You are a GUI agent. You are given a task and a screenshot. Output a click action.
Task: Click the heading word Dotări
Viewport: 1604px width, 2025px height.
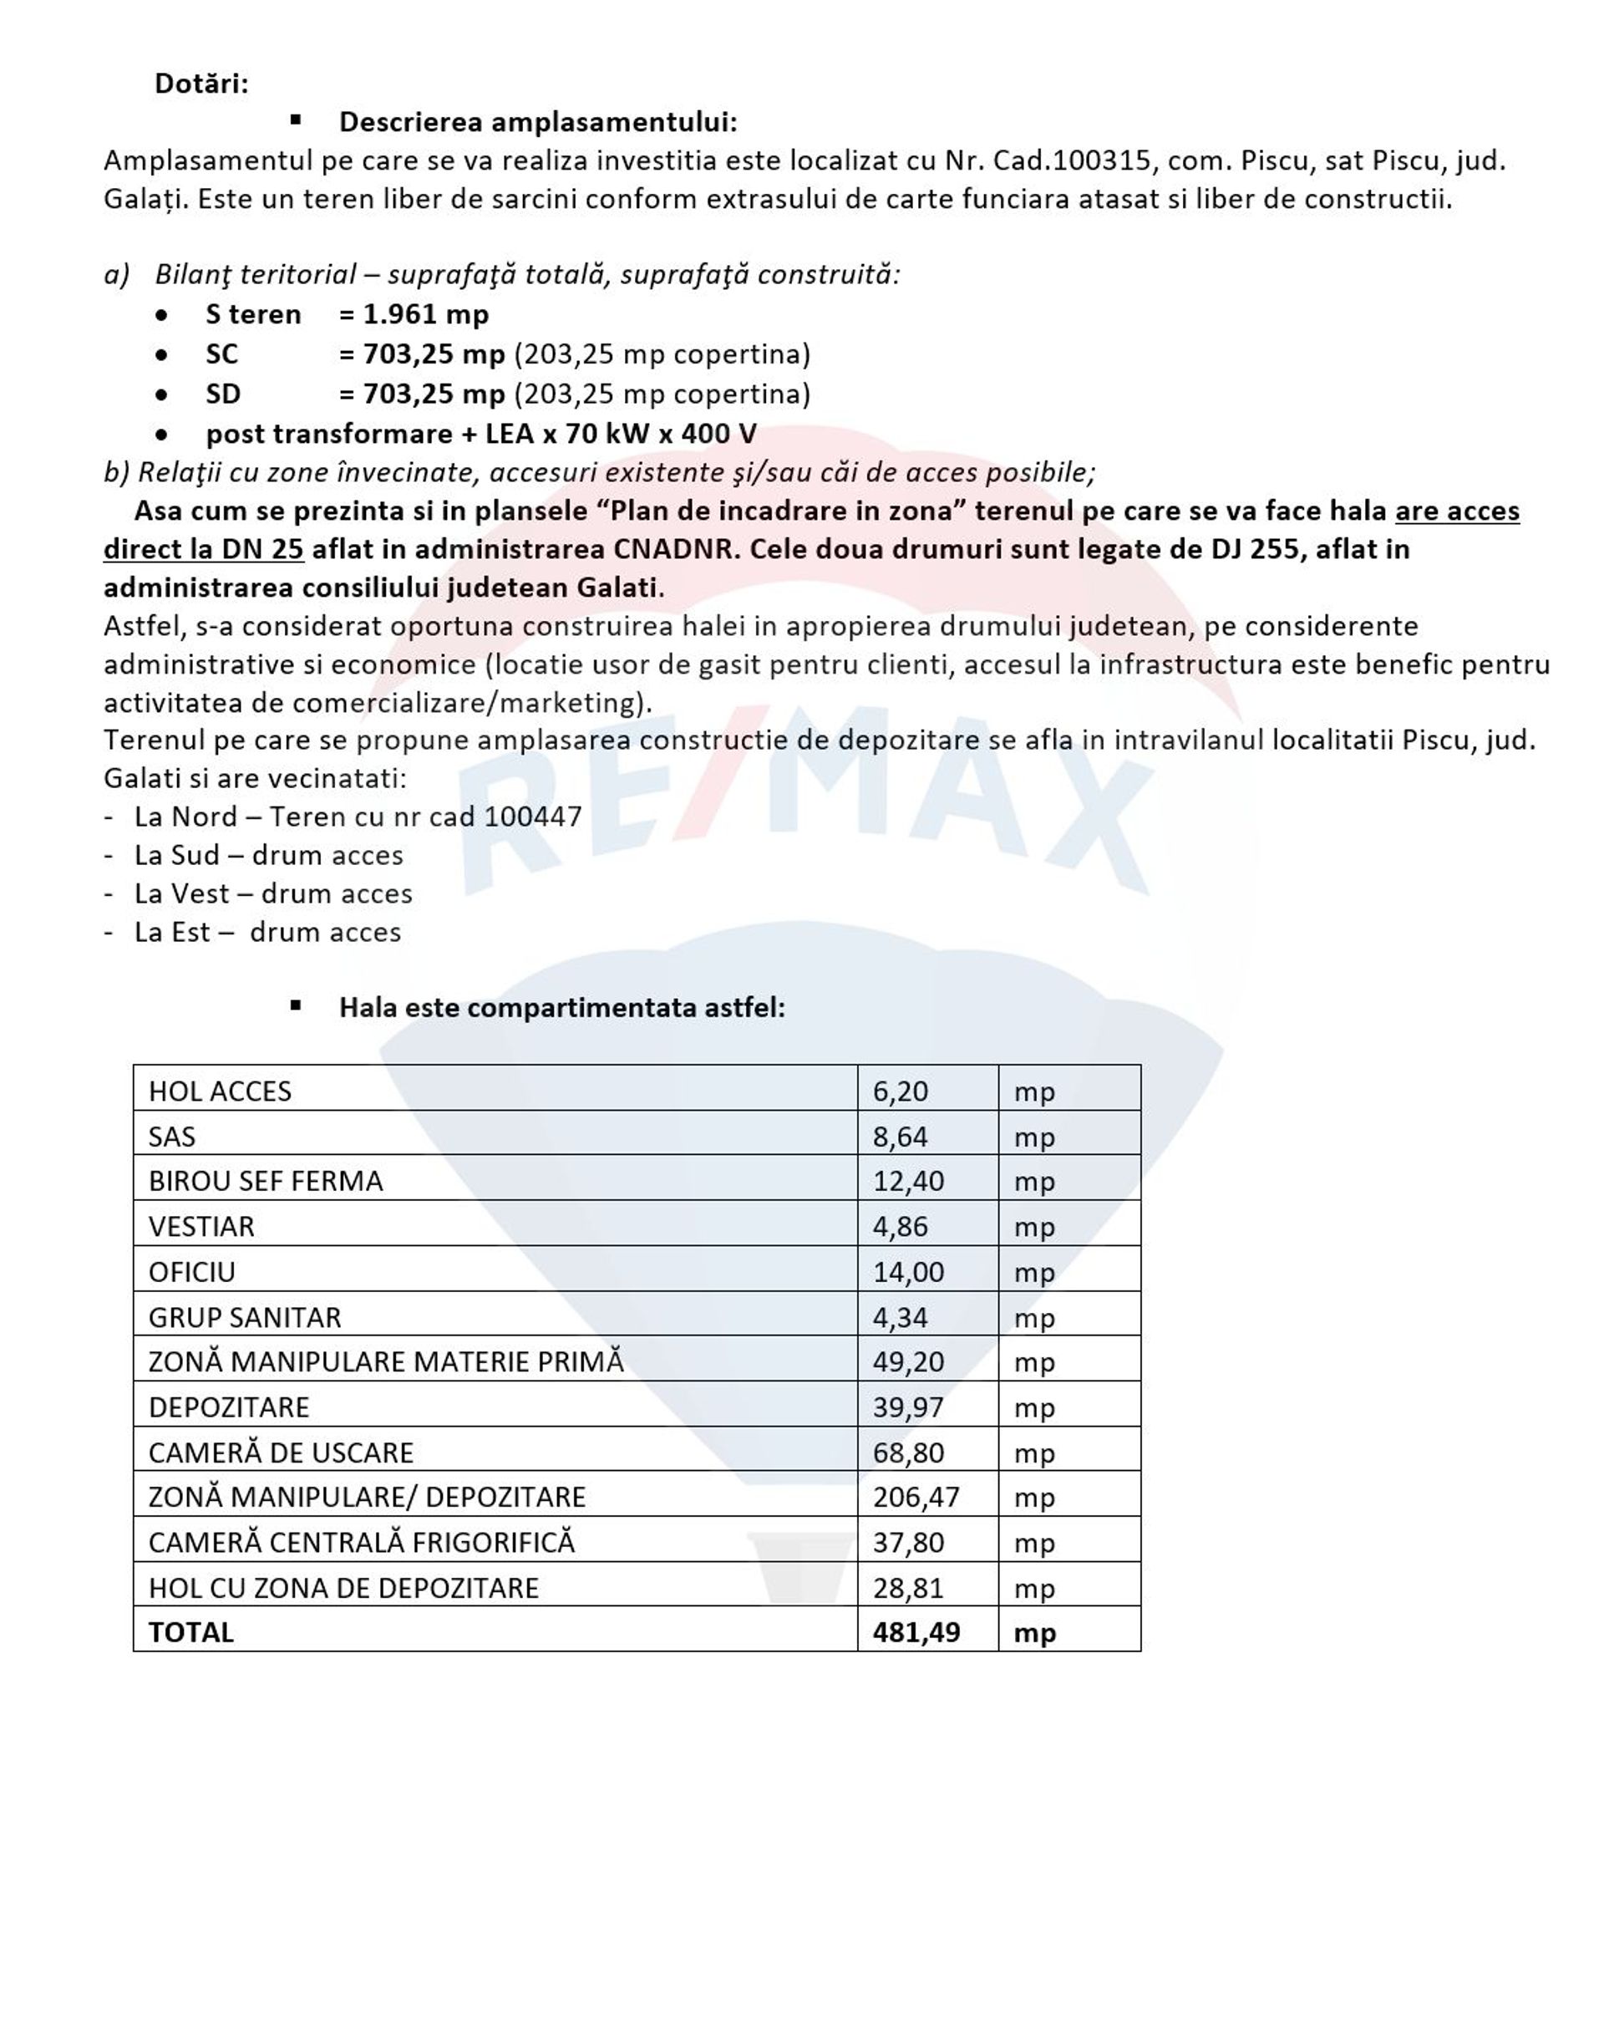coord(201,84)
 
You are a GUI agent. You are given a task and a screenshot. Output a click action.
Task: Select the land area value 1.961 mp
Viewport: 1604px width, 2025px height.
coord(425,314)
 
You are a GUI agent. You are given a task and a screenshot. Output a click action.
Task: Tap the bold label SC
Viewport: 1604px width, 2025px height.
coord(221,354)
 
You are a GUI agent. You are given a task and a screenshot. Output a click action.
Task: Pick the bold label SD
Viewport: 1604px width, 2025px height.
coord(222,394)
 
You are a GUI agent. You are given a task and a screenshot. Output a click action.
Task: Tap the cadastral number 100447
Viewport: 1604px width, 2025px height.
coord(532,817)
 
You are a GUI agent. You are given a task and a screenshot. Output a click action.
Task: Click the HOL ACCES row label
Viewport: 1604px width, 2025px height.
coord(220,1091)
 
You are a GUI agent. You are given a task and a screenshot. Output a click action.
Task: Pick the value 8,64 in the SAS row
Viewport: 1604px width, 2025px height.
coord(900,1137)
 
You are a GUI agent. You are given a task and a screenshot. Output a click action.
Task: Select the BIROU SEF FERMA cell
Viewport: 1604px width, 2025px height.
coord(266,1182)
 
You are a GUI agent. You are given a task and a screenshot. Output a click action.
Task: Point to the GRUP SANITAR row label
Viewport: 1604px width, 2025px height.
coord(244,1318)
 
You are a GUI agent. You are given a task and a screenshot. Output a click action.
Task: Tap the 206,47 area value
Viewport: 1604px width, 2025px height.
coord(916,1497)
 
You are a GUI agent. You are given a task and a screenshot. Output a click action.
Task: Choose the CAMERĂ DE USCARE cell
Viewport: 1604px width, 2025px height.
coord(281,1453)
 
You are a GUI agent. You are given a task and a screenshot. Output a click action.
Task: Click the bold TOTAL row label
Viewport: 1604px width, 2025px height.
coord(190,1632)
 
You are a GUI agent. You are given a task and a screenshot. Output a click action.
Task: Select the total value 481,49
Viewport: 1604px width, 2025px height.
coord(916,1632)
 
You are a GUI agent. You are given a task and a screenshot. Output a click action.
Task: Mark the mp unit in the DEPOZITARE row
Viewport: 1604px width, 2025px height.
coord(1034,1408)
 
